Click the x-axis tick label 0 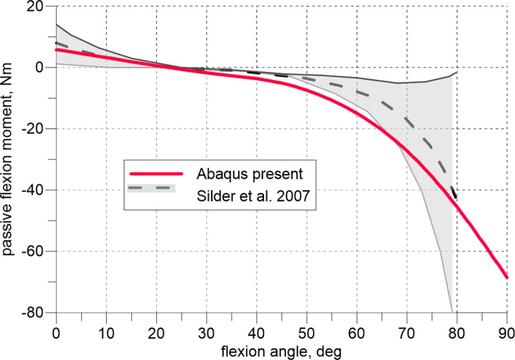point(57,327)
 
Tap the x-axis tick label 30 point(207,327)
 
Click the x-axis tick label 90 point(507,327)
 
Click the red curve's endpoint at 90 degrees point(507,278)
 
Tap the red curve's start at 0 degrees point(57,50)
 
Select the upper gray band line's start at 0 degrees point(57,24)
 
